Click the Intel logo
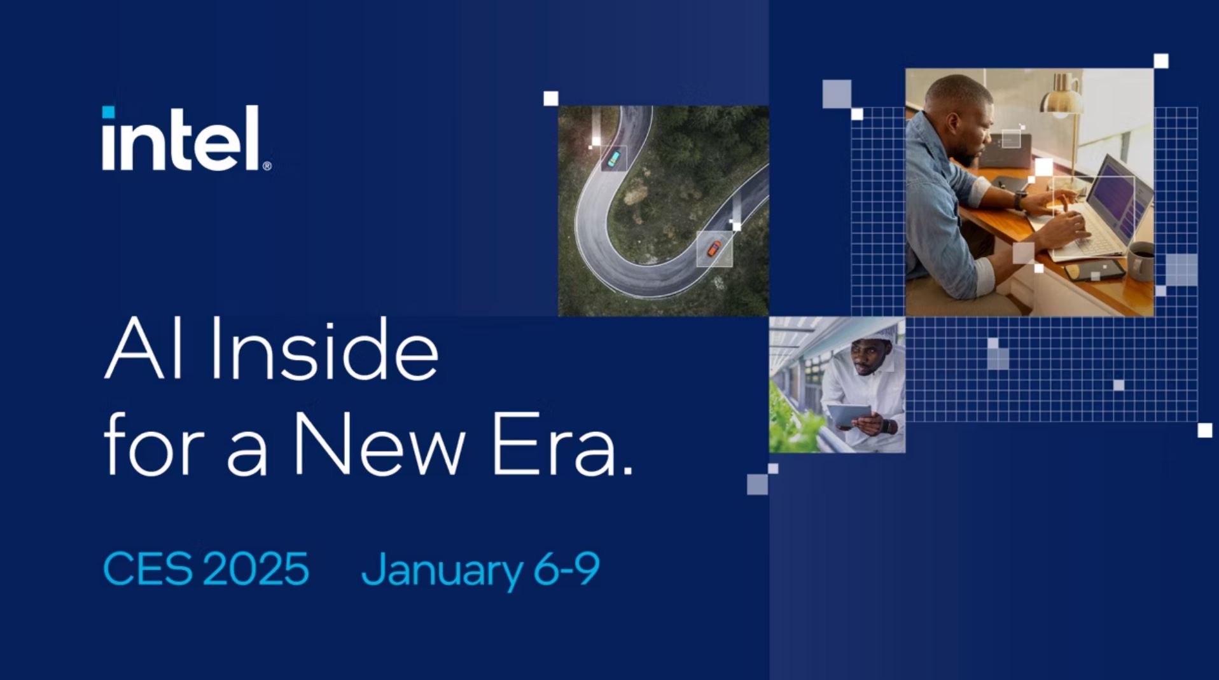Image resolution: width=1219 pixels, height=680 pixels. (x=186, y=138)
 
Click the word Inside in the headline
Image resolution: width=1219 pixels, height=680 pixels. (x=324, y=349)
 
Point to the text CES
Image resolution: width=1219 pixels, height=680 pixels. (x=148, y=568)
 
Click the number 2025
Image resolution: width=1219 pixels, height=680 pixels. (x=256, y=568)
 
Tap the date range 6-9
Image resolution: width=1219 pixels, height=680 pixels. (x=566, y=568)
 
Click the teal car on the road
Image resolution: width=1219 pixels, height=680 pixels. (x=613, y=158)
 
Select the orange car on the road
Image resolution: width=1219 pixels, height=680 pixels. (x=714, y=249)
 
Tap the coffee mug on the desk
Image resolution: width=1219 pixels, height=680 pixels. (x=1141, y=261)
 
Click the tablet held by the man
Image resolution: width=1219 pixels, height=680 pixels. (x=848, y=415)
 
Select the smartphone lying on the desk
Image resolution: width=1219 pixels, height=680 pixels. (x=1094, y=270)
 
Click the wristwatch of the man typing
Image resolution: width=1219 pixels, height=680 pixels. (x=1019, y=202)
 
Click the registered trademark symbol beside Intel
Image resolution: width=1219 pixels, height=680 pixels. (x=267, y=166)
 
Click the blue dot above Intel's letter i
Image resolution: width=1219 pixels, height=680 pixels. (x=109, y=112)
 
